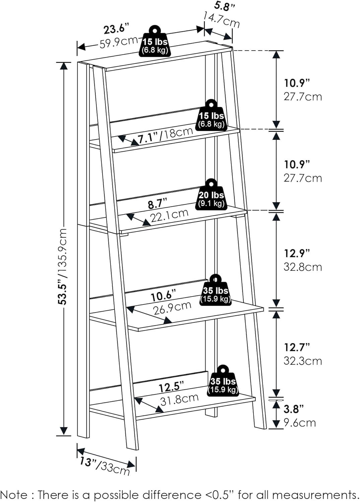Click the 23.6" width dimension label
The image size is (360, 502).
click(x=117, y=29)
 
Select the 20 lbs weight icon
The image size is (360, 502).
click(x=211, y=194)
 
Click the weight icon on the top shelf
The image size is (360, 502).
click(x=155, y=42)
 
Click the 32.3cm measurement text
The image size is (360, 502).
click(x=303, y=361)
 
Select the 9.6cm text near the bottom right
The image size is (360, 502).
click(x=299, y=423)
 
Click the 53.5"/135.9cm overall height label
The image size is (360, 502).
click(x=63, y=266)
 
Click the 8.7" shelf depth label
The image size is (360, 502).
click(x=158, y=204)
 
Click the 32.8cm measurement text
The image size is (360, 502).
click(x=303, y=267)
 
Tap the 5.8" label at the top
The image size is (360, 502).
click(x=224, y=7)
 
